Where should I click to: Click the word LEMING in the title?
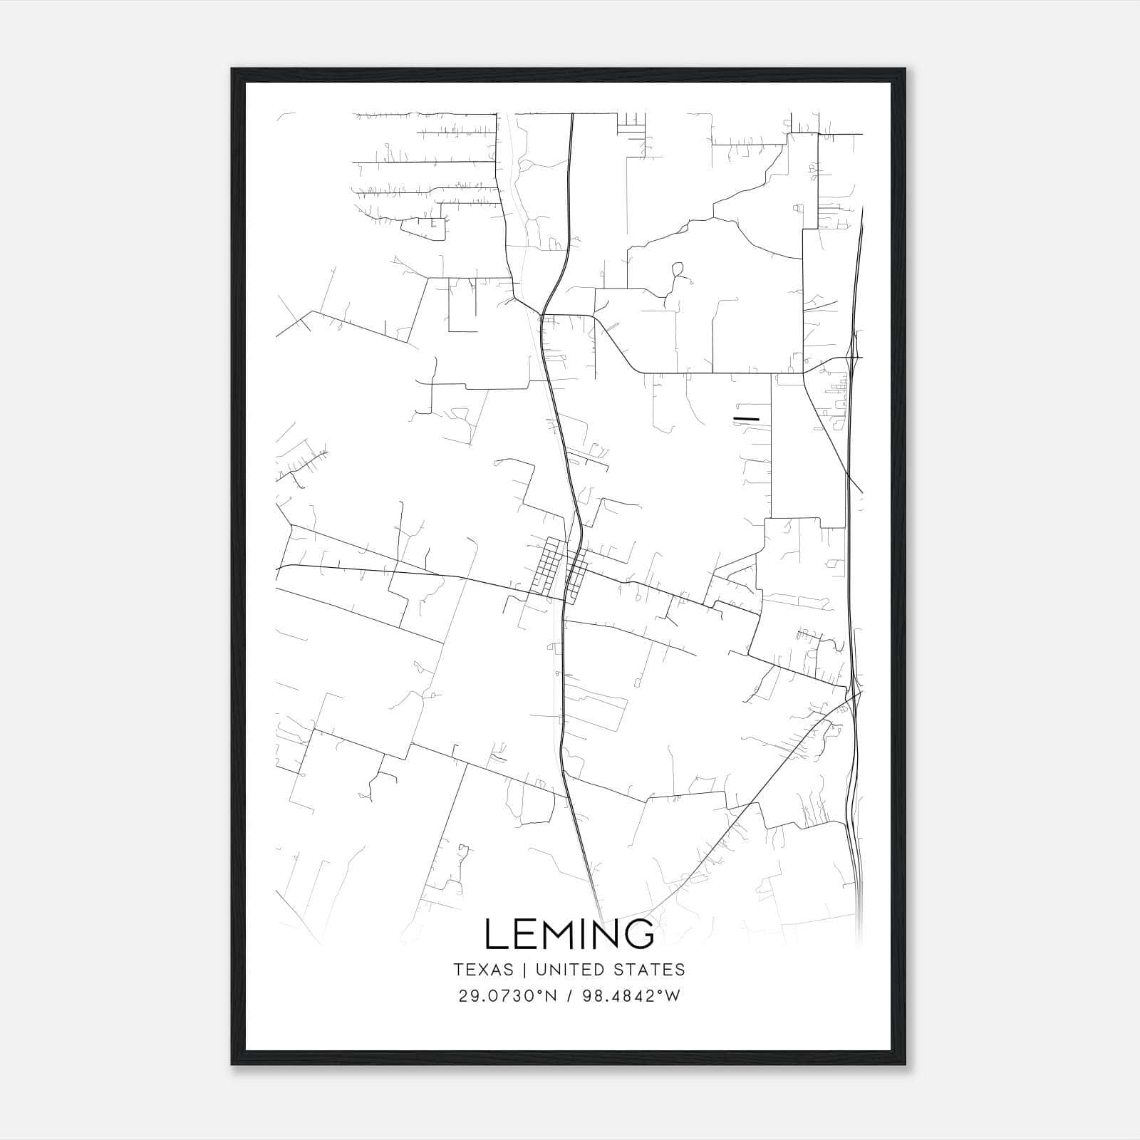569,933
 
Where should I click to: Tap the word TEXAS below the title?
483,970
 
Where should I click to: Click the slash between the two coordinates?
571,996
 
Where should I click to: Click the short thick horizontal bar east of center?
746,418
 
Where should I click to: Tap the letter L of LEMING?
496,933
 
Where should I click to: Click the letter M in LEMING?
556,933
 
